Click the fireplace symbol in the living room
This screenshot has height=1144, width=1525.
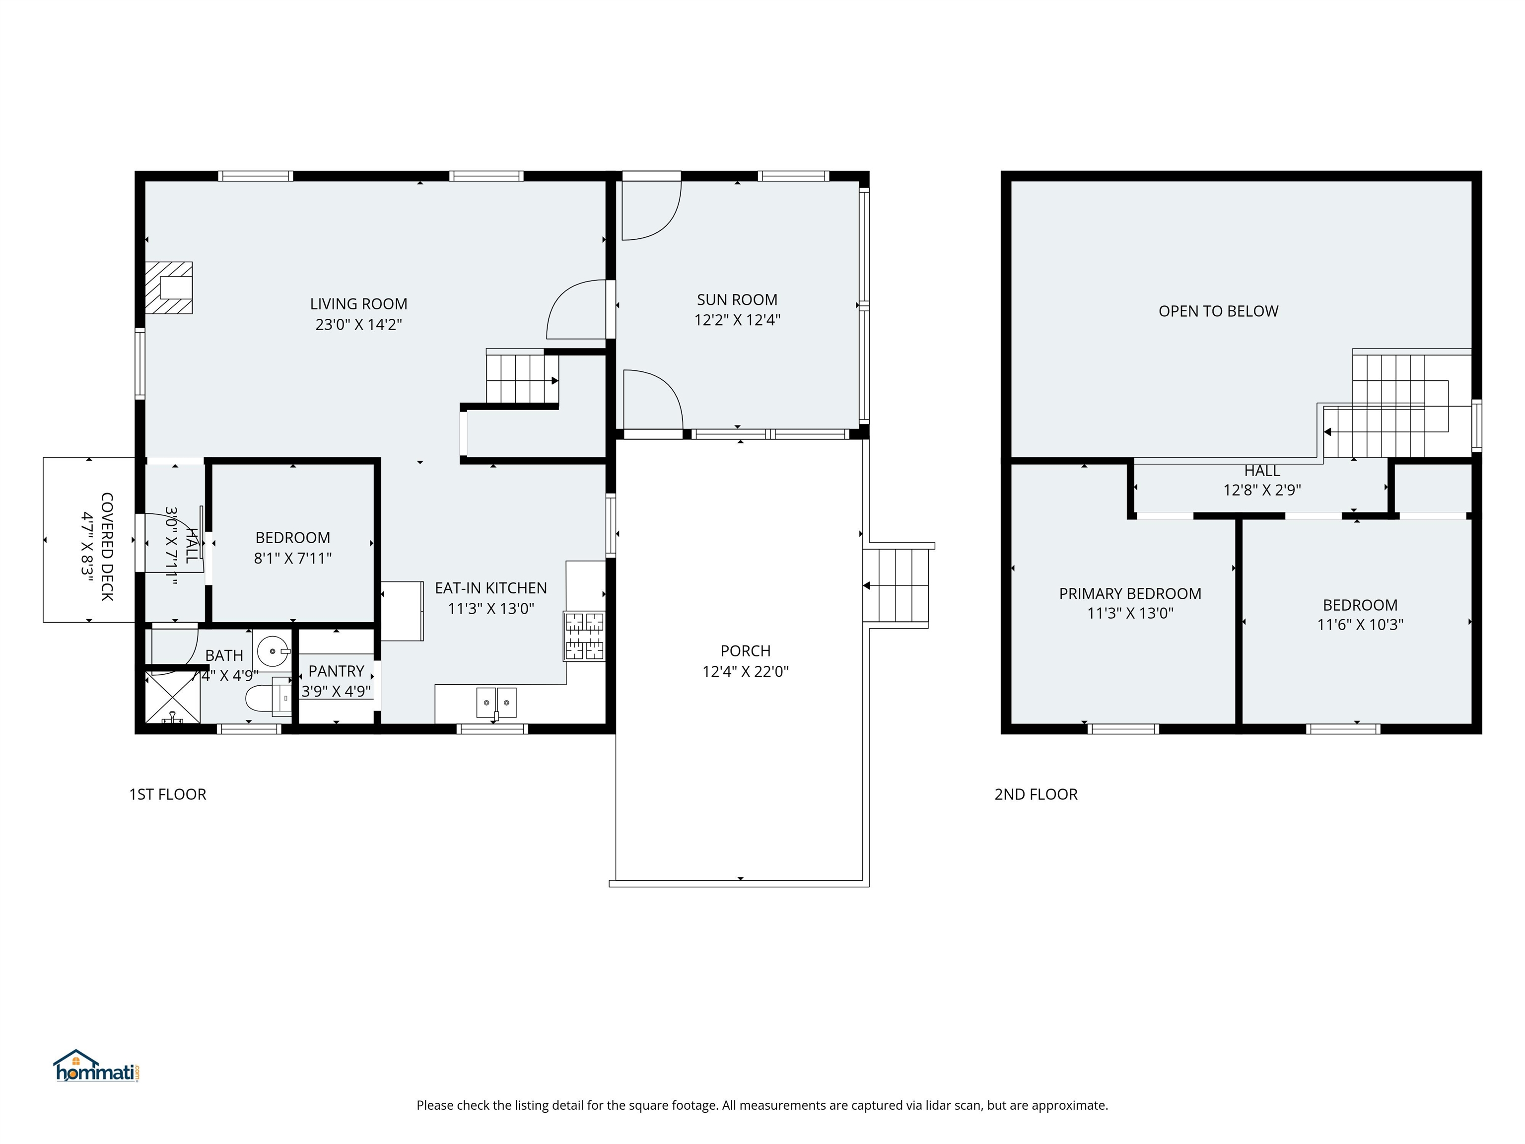168,287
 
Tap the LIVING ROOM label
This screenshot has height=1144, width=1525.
358,304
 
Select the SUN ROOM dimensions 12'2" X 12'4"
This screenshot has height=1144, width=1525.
737,320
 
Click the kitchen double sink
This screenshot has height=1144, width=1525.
496,703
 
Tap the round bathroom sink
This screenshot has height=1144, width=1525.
273,650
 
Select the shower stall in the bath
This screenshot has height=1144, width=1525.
172,697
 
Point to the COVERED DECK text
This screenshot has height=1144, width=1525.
107,546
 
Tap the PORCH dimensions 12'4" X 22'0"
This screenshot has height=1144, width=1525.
745,672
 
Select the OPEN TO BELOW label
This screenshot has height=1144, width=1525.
1218,311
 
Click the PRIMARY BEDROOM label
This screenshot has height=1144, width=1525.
1130,594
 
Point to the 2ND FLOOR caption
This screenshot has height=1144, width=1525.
1036,794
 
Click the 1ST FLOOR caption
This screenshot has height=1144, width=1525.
167,794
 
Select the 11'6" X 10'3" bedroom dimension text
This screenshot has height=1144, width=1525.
1360,625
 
